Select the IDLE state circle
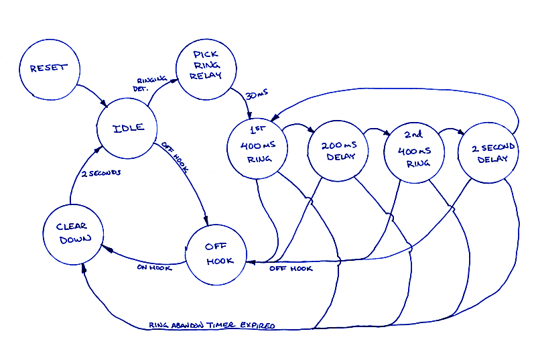[127, 128]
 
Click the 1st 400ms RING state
[258, 149]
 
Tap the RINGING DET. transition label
[151, 83]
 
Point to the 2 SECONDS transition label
[101, 174]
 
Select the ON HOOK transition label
[155, 267]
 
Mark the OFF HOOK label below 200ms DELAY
[291, 269]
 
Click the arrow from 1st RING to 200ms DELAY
[297, 126]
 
